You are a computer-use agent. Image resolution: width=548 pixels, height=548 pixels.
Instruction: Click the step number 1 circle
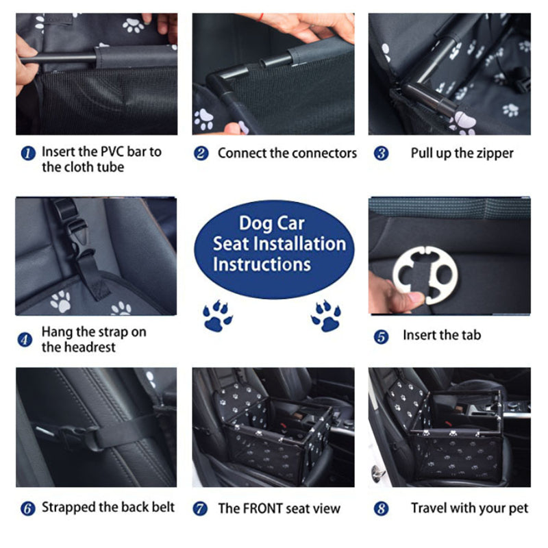[28, 153]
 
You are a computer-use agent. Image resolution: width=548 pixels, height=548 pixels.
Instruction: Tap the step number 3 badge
[381, 153]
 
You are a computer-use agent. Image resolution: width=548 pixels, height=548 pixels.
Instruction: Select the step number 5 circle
[381, 337]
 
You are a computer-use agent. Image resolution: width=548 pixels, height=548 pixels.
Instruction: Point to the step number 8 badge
[381, 508]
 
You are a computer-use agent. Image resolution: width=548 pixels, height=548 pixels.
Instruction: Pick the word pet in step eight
[519, 509]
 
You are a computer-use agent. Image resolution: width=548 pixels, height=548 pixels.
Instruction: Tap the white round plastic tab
[425, 275]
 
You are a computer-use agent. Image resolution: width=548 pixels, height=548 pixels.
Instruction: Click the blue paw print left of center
[217, 316]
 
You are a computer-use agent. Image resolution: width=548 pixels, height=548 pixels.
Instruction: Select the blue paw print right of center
[326, 316]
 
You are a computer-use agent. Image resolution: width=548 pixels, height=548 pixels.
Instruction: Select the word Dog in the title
[254, 224]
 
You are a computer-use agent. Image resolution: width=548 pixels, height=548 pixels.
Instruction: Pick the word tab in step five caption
[471, 335]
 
